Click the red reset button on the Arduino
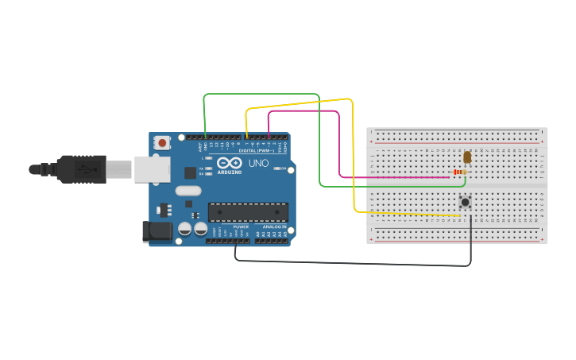pos(162,143)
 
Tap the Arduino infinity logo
pos(229,163)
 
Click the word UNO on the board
pos(258,163)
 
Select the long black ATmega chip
pos(248,212)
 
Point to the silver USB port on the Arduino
pos(151,169)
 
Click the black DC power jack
pos(157,231)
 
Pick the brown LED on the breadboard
pos(466,157)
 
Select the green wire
pos(319,143)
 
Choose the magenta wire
pos(339,143)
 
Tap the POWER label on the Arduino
pos(241,226)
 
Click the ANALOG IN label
pos(274,226)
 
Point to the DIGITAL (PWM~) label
pos(256,150)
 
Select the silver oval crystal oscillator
pos(188,191)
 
